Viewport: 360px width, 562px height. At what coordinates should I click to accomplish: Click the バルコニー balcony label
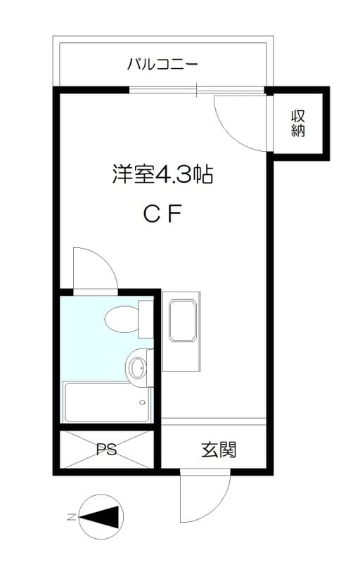162,65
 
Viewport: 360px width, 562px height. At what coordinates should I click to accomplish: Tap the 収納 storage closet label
297,124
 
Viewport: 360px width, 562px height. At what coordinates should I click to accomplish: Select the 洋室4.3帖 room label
163,174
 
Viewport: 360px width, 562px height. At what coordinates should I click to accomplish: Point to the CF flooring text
162,214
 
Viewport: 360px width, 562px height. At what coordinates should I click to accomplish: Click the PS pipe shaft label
106,449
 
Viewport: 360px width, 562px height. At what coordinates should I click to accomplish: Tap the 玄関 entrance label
219,450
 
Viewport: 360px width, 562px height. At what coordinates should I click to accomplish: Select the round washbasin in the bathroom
136,367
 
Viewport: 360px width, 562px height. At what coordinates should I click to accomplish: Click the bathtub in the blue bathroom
106,402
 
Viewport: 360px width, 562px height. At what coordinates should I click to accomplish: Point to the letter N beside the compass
71,517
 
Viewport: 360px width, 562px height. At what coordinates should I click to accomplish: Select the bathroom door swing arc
106,259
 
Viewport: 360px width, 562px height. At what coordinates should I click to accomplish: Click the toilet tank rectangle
146,320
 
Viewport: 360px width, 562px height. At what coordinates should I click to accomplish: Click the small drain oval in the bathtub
143,402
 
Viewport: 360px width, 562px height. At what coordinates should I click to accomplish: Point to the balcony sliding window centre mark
196,90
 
